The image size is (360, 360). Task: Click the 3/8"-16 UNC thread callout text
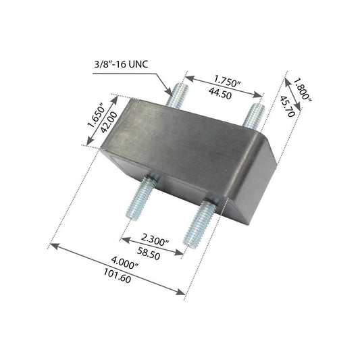click(121, 63)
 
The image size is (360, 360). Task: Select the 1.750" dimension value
click(228, 81)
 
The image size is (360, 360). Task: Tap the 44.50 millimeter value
click(220, 93)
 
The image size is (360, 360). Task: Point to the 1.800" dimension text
click(302, 89)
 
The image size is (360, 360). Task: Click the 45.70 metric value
click(287, 106)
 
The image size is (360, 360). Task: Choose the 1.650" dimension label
click(96, 117)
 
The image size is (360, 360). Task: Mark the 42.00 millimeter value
click(109, 122)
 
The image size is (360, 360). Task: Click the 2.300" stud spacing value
click(155, 240)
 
